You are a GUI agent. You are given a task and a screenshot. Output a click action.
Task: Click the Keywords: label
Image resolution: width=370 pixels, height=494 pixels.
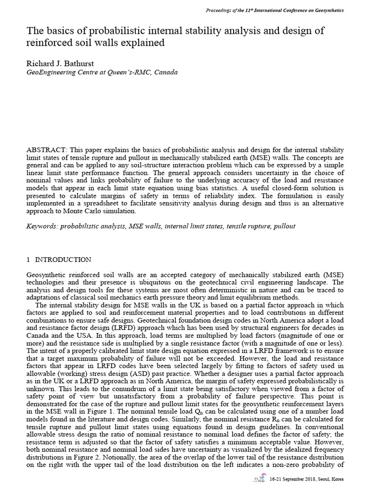coord(42,226)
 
